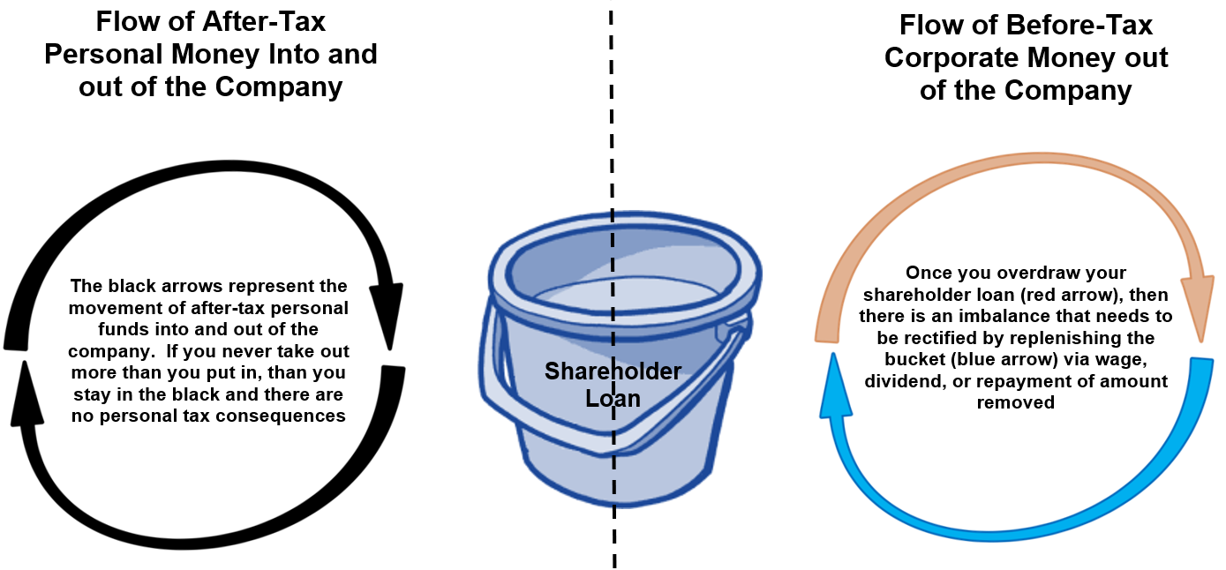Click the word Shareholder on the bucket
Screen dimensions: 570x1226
[x=613, y=371]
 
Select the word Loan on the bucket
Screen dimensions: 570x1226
[x=613, y=399]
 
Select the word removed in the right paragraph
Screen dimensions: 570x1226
[x=1015, y=402]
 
